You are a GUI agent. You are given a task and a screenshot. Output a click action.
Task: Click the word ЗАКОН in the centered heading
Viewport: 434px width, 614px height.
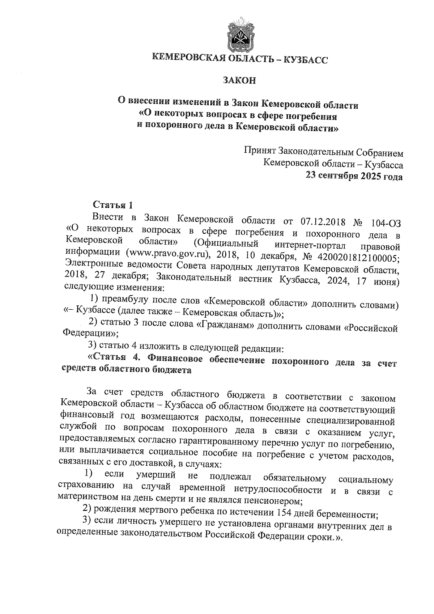point(239,80)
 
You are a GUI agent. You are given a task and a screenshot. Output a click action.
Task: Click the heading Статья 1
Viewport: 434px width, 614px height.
point(113,205)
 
